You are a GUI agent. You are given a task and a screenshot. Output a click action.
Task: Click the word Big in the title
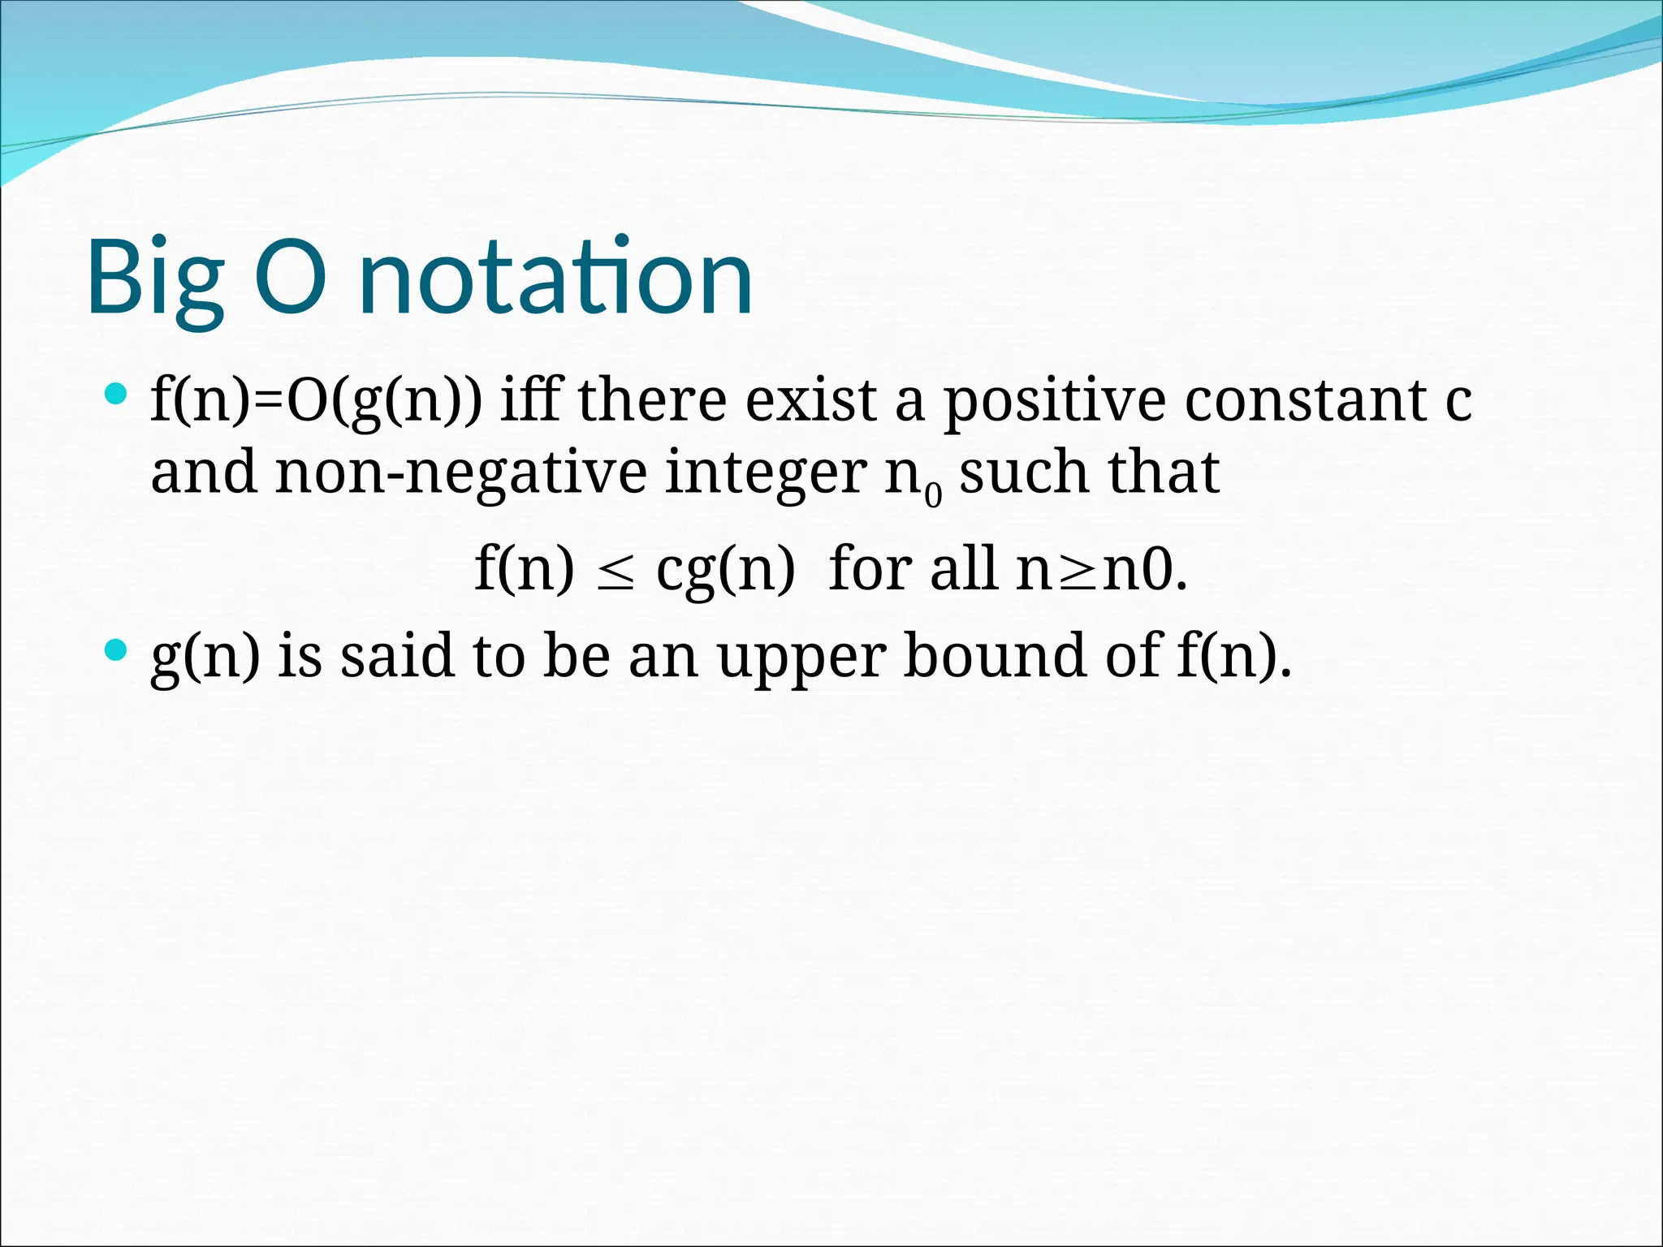click(x=154, y=278)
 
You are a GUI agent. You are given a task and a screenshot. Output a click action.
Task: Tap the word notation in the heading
click(x=555, y=278)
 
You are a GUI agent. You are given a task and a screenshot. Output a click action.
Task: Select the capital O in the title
click(x=291, y=278)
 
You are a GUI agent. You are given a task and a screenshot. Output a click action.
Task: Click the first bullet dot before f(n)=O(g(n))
click(x=117, y=395)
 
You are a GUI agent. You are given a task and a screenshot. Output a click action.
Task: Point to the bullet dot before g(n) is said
click(x=117, y=649)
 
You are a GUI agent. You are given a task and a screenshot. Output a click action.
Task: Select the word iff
click(x=529, y=400)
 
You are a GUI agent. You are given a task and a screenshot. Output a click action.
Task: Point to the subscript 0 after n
click(x=934, y=494)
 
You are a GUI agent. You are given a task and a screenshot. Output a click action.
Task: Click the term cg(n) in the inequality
click(x=725, y=570)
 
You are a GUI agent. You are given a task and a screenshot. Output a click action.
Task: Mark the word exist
click(x=810, y=400)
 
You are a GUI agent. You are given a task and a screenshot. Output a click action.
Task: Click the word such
click(x=1023, y=472)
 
